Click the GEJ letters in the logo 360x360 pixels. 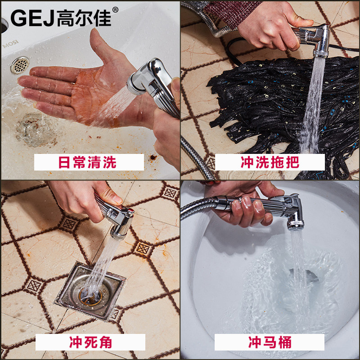[32, 18]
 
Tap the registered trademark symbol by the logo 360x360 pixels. [115, 9]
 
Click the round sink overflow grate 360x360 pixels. [20, 65]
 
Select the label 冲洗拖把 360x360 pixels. [270, 162]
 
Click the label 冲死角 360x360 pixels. [90, 342]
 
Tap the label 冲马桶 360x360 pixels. [270, 342]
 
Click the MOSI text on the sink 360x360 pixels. [10, 44]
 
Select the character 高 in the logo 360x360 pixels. [65, 18]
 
